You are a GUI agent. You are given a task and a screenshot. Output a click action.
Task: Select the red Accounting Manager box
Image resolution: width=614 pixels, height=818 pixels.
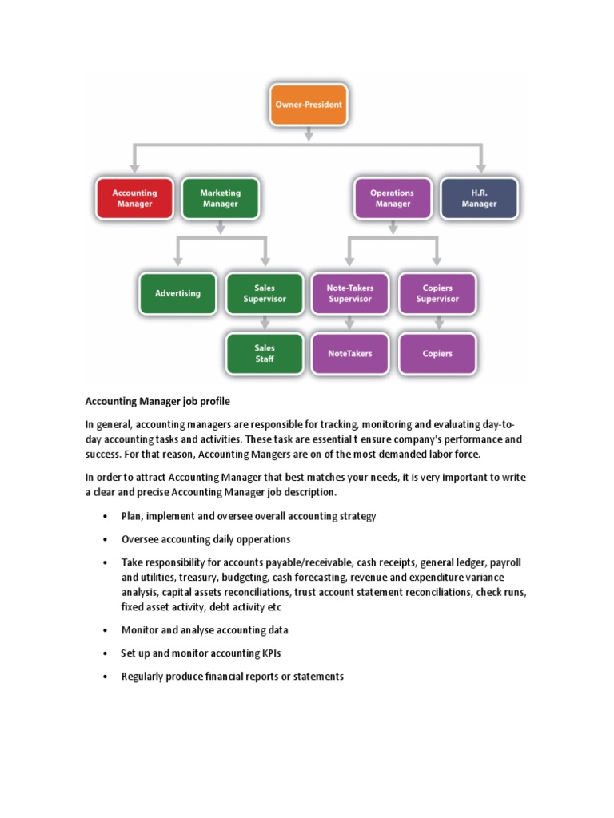coord(134,198)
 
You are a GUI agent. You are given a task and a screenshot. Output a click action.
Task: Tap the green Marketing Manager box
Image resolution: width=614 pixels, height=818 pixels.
coord(220,198)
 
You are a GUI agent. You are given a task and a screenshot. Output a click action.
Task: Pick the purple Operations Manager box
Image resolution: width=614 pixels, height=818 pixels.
coord(392,198)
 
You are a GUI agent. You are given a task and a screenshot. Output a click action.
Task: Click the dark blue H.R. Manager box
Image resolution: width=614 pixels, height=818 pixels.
coord(479,198)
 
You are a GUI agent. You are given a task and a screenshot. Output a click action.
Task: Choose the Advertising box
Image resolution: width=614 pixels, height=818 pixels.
coord(178,293)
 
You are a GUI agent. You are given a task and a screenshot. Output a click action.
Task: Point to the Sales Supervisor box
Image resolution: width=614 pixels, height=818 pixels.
coord(265,293)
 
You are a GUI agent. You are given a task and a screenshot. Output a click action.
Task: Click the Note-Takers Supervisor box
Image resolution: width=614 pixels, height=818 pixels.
coord(350,293)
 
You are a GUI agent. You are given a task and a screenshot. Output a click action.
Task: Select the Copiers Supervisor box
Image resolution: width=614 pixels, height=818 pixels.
coord(437,293)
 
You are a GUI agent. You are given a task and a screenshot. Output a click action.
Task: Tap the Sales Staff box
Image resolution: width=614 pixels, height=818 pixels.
coord(265,353)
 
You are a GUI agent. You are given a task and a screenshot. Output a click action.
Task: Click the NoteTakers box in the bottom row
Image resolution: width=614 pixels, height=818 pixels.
coord(350,353)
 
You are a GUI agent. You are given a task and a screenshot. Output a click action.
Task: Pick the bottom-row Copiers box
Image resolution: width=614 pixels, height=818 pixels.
coord(437,353)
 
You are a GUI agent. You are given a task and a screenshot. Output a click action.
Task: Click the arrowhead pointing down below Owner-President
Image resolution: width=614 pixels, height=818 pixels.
coord(309,137)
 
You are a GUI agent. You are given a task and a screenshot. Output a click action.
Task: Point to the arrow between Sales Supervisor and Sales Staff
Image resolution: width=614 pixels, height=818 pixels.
coord(265,324)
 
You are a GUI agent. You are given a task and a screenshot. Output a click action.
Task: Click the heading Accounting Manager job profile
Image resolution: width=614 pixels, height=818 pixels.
coord(157,402)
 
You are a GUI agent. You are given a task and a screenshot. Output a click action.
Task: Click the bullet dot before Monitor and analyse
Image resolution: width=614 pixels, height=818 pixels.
coord(105,630)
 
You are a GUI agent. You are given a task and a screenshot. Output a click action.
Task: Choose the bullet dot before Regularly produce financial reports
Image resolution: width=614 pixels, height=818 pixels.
coord(105,677)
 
